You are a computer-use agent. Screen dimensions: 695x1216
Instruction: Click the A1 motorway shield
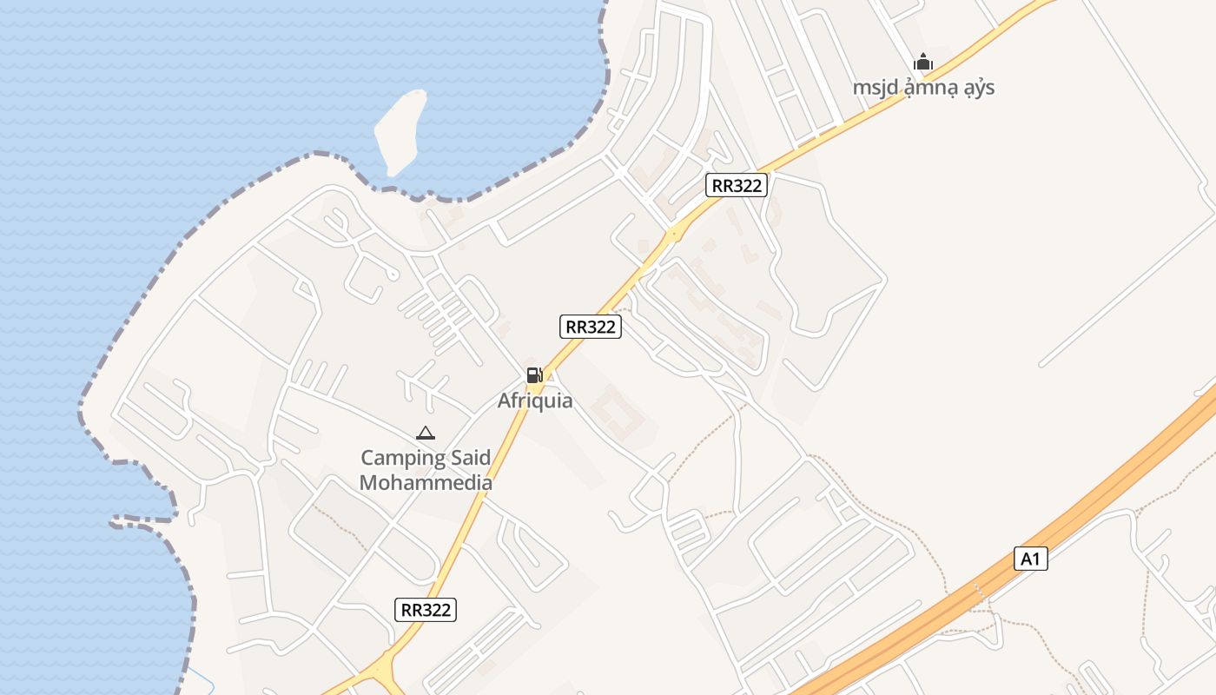[1030, 559]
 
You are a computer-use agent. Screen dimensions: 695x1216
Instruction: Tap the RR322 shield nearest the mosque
[736, 185]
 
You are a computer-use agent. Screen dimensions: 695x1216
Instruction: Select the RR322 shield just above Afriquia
[590, 327]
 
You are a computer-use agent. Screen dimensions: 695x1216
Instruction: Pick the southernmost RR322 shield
[425, 610]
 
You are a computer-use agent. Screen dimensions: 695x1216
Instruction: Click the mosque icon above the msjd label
[922, 62]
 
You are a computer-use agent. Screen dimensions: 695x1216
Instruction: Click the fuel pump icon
[534, 375]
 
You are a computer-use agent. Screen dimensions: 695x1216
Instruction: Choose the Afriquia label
[535, 401]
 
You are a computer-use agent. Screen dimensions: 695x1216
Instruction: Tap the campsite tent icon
[425, 433]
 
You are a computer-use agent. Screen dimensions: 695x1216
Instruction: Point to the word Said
[469, 458]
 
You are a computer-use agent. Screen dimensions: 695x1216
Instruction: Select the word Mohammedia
[426, 483]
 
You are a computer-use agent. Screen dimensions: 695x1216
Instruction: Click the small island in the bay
[400, 130]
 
